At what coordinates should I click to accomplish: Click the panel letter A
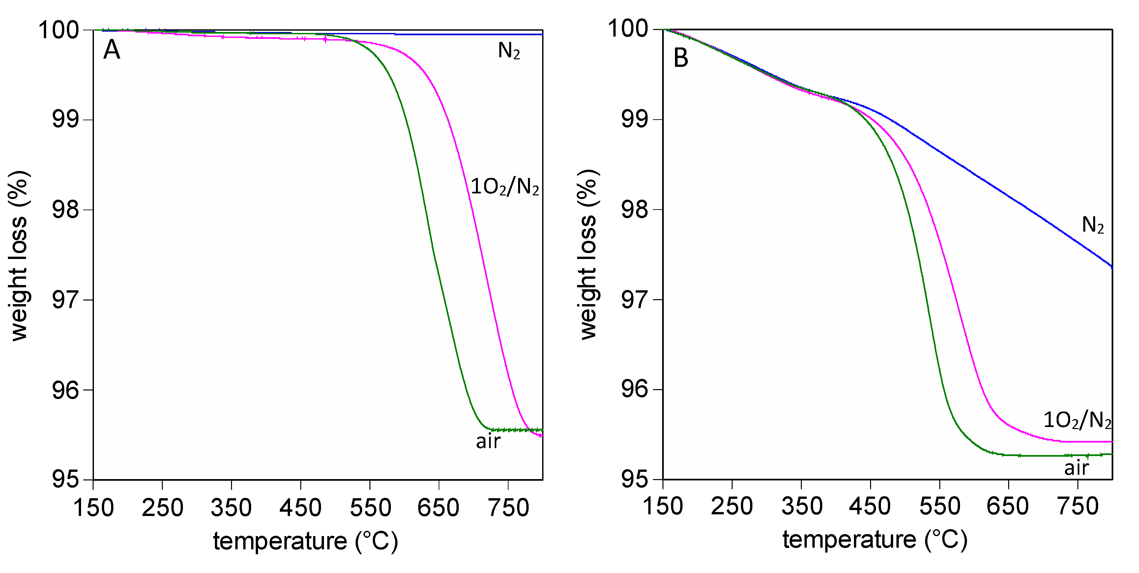click(111, 50)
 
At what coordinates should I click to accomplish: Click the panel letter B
click(681, 58)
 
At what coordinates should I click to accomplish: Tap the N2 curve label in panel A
click(509, 51)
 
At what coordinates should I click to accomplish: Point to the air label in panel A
click(488, 441)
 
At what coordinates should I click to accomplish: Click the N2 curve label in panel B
click(1093, 225)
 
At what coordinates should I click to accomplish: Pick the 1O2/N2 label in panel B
click(1077, 419)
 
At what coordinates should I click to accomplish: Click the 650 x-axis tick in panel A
click(438, 507)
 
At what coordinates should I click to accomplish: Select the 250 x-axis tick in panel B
click(732, 506)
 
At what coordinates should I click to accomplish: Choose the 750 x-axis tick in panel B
click(1078, 506)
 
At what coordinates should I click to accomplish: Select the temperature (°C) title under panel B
click(875, 540)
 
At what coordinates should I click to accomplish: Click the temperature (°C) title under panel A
click(306, 541)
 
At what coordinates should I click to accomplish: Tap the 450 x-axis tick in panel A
click(300, 507)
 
